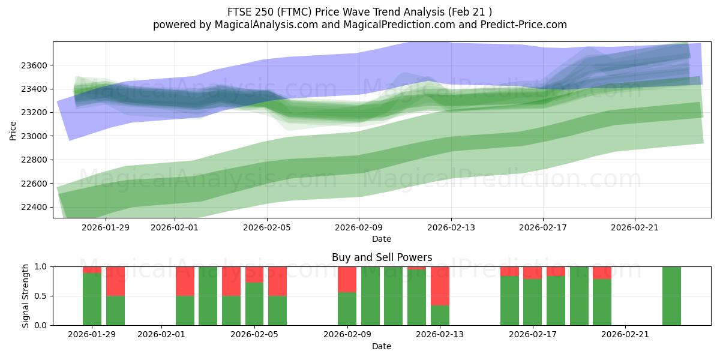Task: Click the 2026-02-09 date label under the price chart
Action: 359,227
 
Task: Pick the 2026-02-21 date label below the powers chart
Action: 625,335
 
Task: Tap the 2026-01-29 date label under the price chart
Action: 106,227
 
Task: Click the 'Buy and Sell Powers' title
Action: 382,257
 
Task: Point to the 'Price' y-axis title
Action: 13,130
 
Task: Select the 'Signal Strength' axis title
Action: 26,296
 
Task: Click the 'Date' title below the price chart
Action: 382,239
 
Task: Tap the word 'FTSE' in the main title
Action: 240,12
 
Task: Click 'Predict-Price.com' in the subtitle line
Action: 515,25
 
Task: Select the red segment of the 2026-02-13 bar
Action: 440,286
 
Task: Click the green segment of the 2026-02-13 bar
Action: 440,316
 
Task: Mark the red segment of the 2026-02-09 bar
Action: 347,279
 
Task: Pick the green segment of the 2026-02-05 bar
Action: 254,304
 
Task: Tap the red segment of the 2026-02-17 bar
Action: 532,272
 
